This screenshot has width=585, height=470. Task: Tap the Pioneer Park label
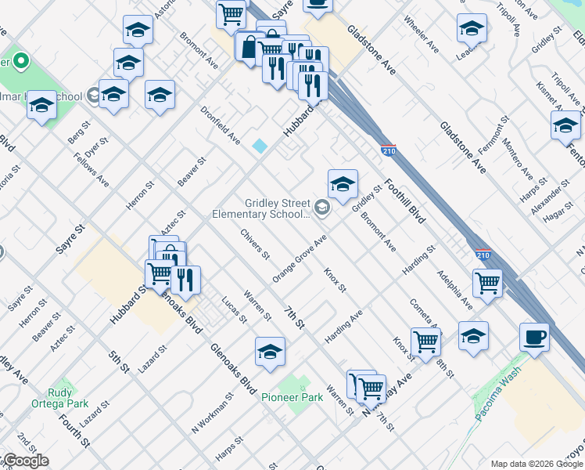pos(292,397)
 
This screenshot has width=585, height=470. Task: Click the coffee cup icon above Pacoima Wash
pos(535,338)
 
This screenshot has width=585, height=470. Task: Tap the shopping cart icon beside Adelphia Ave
pos(488,284)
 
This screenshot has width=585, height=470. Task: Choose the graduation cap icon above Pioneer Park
pos(269,352)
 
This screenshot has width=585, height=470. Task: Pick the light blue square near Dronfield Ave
pos(259,146)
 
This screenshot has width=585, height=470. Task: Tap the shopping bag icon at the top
pos(249,46)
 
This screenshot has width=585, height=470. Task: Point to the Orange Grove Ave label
pos(300,258)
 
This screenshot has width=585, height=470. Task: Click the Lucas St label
pos(234,309)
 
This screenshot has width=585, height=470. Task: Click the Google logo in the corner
pos(25,461)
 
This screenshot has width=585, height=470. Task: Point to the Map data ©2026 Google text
pos(537,464)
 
